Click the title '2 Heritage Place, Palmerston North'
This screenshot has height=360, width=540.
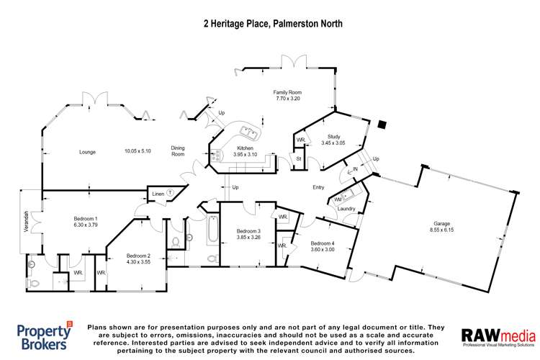pyautogui.click(x=271, y=23)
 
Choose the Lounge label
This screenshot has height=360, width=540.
pyautogui.click(x=88, y=151)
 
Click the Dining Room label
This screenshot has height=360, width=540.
pyautogui.click(x=178, y=151)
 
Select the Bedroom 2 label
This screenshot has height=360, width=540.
pyautogui.click(x=138, y=255)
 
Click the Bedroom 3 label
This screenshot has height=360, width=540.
pyautogui.click(x=248, y=231)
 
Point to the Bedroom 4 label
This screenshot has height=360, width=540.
pyautogui.click(x=323, y=243)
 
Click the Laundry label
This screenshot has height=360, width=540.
pyautogui.click(x=347, y=209)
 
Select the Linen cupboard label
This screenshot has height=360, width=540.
pyautogui.click(x=158, y=193)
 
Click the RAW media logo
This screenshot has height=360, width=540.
pyautogui.click(x=498, y=336)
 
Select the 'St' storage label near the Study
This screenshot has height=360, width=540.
pyautogui.click(x=298, y=158)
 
